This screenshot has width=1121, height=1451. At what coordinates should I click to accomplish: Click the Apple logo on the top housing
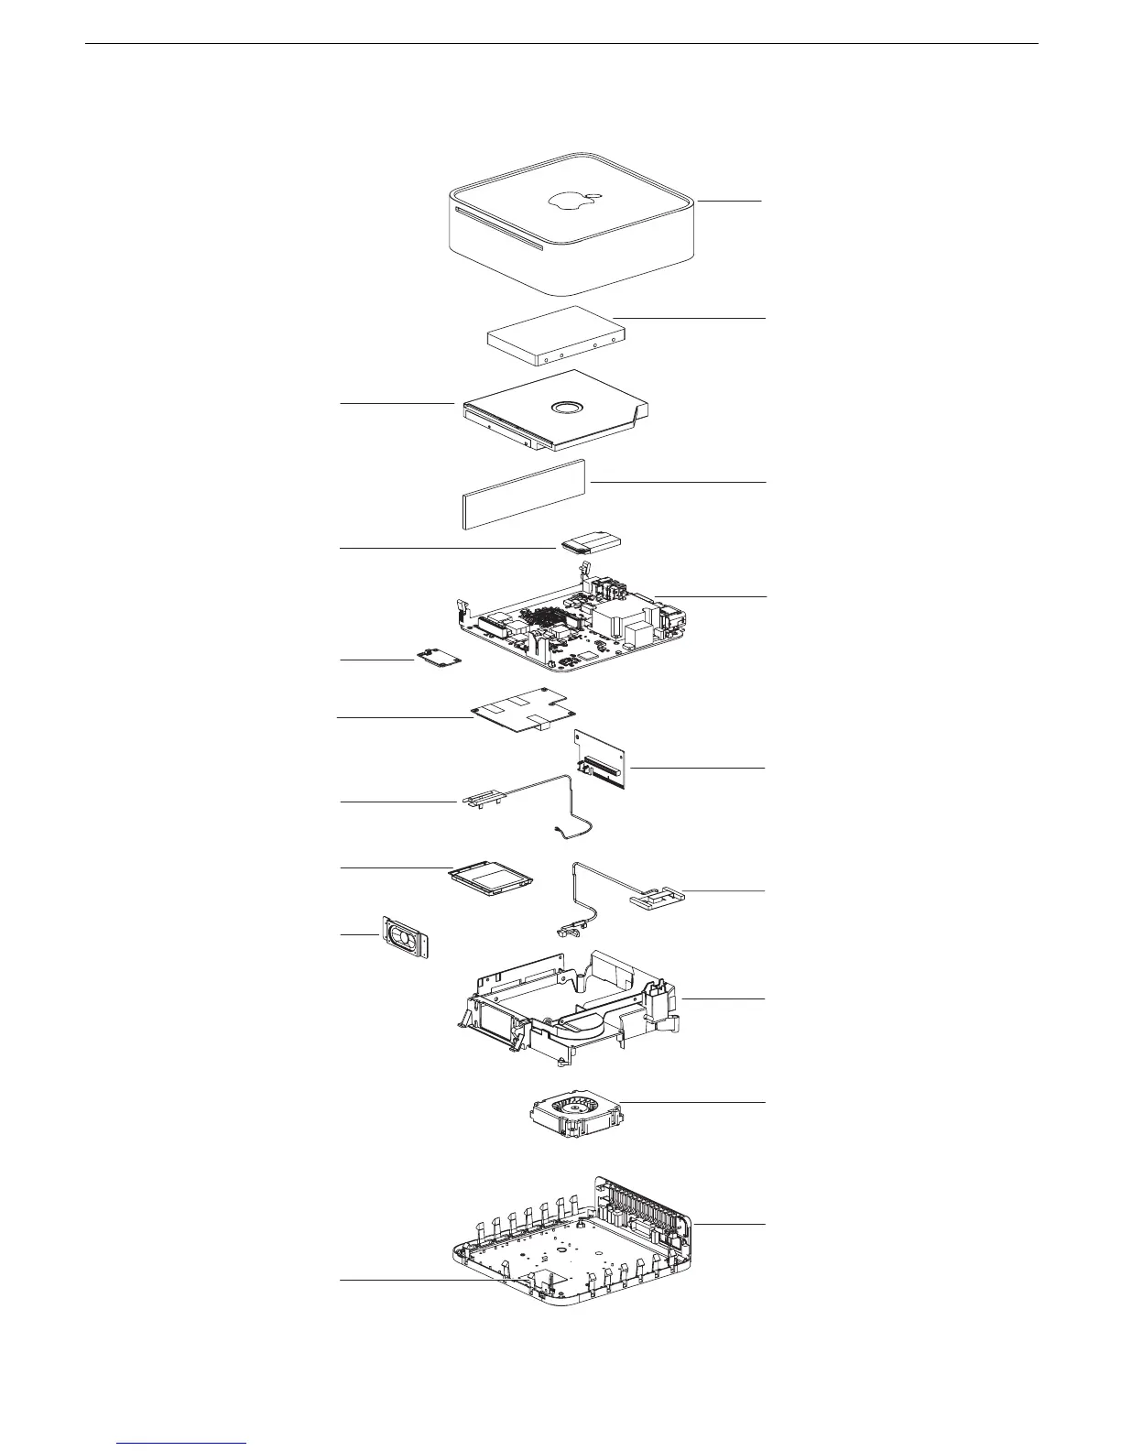[x=571, y=202]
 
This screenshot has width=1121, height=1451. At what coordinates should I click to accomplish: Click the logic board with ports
[x=568, y=632]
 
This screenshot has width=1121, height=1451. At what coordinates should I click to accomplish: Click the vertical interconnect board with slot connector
[x=601, y=758]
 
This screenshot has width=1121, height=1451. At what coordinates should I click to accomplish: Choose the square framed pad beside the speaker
[x=491, y=880]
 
